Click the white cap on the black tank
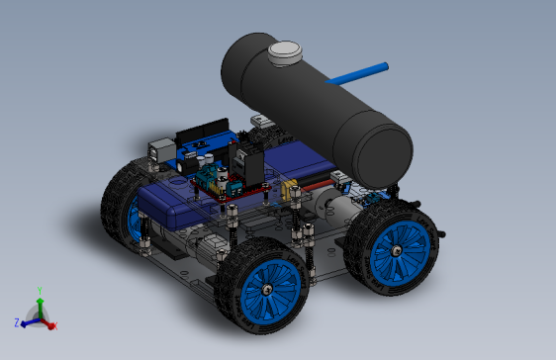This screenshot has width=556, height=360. pyautogui.click(x=286, y=52)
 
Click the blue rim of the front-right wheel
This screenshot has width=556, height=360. pyautogui.click(x=400, y=251)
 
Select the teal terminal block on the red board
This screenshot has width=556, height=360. pyautogui.click(x=211, y=181)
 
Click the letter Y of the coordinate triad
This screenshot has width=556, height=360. pyautogui.click(x=39, y=289)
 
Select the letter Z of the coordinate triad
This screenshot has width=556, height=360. pyautogui.click(x=17, y=322)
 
